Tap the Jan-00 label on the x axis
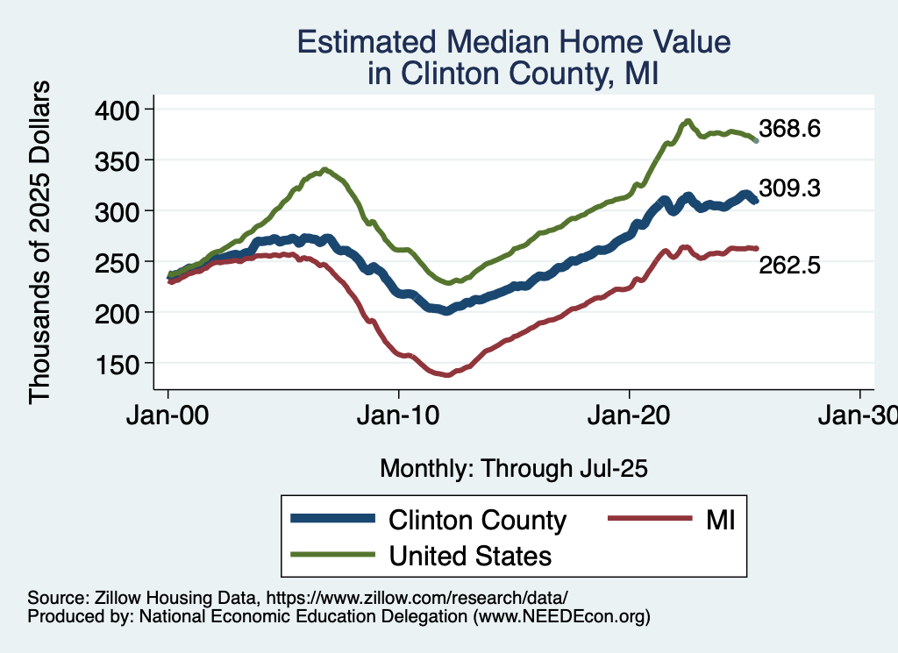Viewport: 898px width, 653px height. coord(168,416)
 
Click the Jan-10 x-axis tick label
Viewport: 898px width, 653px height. coord(399,416)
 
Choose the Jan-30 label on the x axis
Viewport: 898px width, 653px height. coord(859,416)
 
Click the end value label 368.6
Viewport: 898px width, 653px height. coord(789,129)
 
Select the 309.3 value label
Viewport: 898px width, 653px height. coord(789,188)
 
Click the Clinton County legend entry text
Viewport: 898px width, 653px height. coord(478,520)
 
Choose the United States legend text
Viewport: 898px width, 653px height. coord(471,556)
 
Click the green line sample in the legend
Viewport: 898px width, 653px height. coord(333,556)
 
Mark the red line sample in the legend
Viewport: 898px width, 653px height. coord(644,520)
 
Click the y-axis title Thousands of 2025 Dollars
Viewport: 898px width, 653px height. coord(40,242)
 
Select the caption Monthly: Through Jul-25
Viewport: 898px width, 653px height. coord(513,469)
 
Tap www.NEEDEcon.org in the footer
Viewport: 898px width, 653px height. coord(561,617)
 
